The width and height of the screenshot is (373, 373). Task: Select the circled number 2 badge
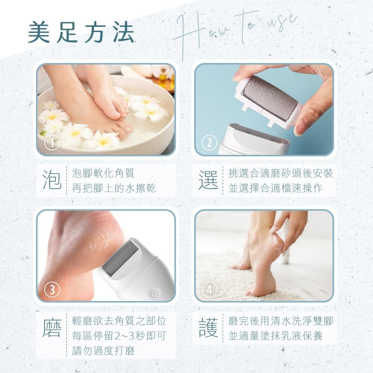click(x=209, y=143)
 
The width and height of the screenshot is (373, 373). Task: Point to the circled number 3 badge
click(x=52, y=289)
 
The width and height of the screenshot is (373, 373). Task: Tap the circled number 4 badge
click(x=209, y=290)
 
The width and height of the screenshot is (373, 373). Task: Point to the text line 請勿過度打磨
click(x=103, y=351)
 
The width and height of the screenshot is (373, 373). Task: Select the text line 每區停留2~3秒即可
click(x=119, y=336)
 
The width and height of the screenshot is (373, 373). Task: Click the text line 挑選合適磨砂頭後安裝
click(x=280, y=173)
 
